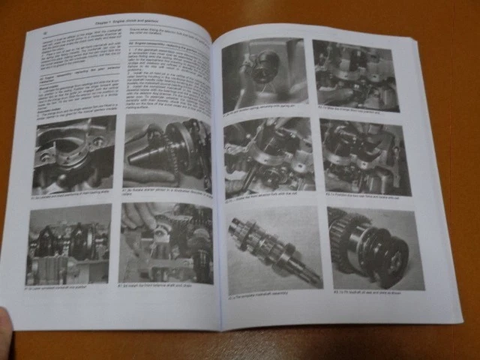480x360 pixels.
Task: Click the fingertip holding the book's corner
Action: [5, 320]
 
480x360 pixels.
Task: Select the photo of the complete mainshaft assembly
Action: [274, 248]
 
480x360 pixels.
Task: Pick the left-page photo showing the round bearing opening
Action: [73, 154]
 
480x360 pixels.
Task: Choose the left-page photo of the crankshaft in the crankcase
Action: [68, 245]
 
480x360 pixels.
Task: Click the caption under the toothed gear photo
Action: [375, 292]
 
